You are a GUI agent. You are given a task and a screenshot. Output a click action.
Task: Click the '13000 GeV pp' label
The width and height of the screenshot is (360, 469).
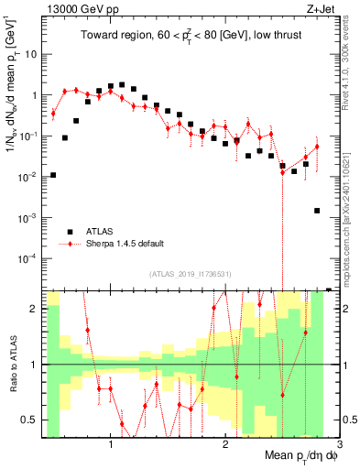(78, 9)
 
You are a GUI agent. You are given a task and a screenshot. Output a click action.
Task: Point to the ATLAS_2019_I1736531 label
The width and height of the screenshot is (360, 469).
(191, 274)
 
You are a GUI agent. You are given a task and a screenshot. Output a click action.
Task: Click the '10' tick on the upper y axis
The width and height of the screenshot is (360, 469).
(31, 54)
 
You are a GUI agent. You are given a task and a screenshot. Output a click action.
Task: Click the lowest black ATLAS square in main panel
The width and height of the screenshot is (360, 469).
(317, 211)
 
